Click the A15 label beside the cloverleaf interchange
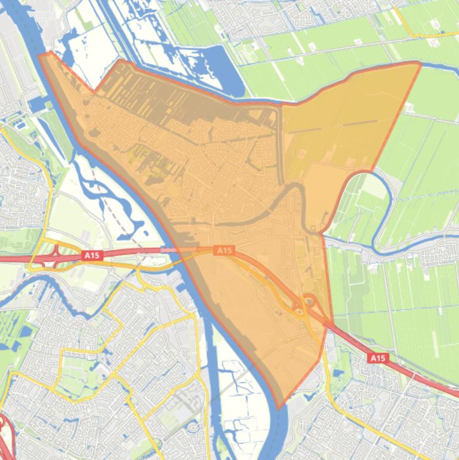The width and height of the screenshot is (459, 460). click(91, 255)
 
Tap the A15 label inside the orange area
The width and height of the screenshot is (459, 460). click(224, 250)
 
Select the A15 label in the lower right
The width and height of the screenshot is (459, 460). click(377, 358)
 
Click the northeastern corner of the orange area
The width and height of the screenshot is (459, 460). click(420, 63)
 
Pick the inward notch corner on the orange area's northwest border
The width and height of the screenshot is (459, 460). click(94, 92)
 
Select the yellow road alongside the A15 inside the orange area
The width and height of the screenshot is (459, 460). click(263, 281)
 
